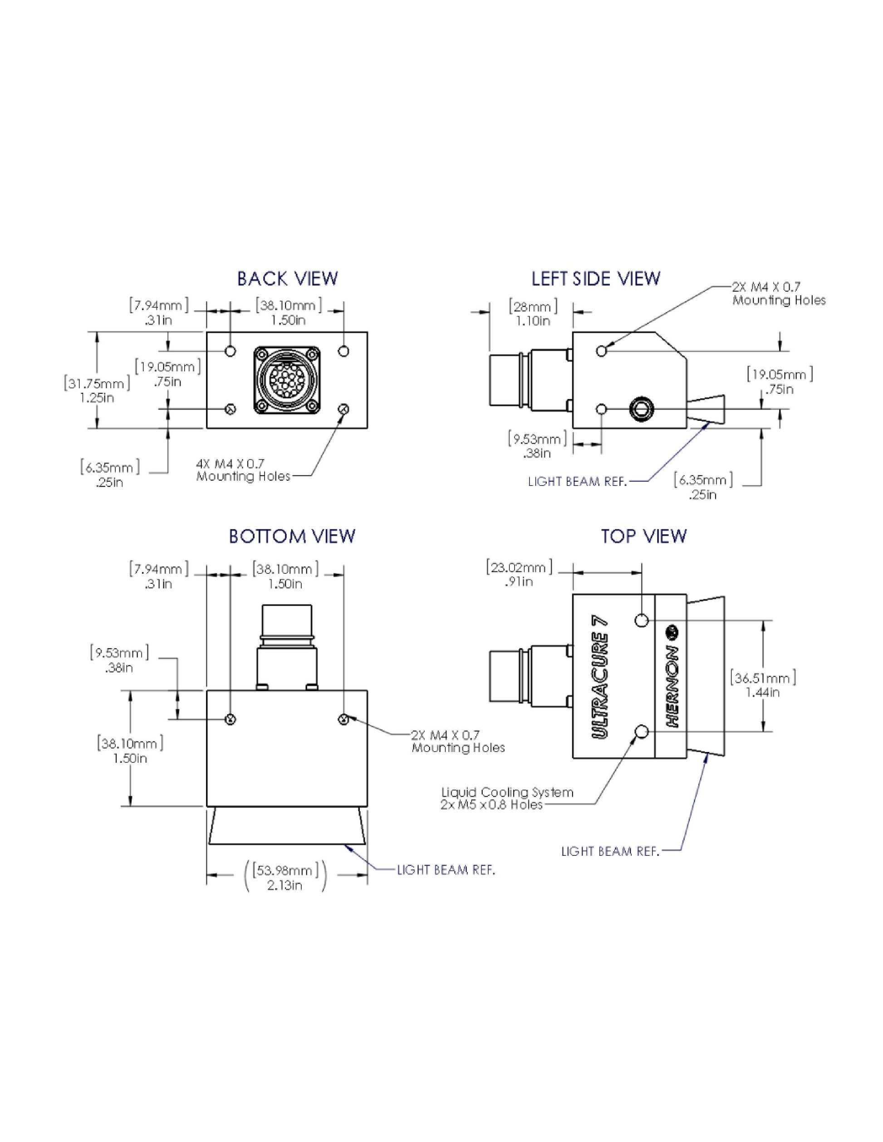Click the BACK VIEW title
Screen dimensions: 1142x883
pos(287,279)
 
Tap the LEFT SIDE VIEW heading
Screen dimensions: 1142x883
pos(596,279)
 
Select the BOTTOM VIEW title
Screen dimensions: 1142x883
pos(292,536)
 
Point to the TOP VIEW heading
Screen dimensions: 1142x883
pos(643,536)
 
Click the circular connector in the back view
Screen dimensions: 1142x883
pos(287,380)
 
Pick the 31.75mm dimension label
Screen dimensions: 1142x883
pos(97,390)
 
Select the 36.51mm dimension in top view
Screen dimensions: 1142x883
pos(763,685)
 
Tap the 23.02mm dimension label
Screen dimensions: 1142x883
pos(519,574)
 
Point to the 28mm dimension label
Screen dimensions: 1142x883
pos(533,312)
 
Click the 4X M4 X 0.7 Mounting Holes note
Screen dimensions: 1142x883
pos(243,470)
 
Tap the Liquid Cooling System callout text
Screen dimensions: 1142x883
pos(507,799)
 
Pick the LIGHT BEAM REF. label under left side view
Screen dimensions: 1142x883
pos(577,482)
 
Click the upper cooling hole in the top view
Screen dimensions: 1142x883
pos(643,621)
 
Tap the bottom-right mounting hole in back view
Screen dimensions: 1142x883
pos(343,409)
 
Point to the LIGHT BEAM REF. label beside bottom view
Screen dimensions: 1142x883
pos(446,869)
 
